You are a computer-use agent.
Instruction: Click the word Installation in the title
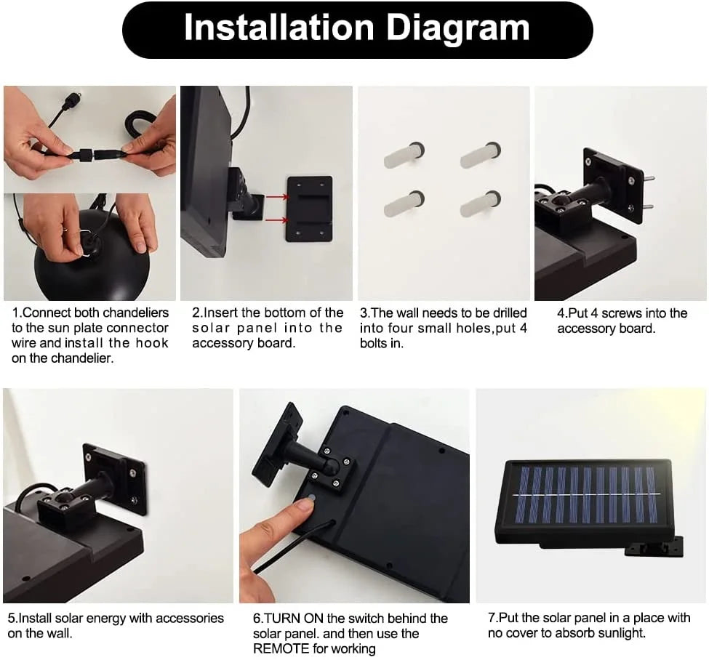pyautogui.click(x=279, y=28)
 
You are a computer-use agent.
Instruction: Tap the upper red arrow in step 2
pyautogui.click(x=277, y=197)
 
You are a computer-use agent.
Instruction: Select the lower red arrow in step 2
pyautogui.click(x=277, y=220)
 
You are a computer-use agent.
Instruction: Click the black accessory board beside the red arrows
pyautogui.click(x=309, y=209)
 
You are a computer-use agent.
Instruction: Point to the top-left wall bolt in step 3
pyautogui.click(x=404, y=155)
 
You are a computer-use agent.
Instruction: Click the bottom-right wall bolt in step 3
pyautogui.click(x=480, y=203)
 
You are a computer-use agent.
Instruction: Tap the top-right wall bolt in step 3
pyautogui.click(x=480, y=155)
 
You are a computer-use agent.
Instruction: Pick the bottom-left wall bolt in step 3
pyautogui.click(x=404, y=203)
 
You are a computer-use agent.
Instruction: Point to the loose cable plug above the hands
pyautogui.click(x=71, y=98)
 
